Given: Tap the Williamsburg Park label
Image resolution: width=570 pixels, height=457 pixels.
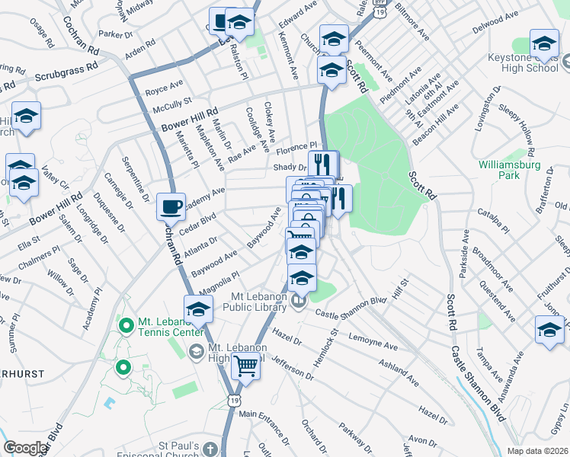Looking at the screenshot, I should tap(509, 169).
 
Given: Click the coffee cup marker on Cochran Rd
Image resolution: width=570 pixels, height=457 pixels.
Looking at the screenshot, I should tap(171, 206).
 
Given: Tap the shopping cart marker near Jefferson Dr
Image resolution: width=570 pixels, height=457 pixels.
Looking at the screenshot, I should tap(245, 366).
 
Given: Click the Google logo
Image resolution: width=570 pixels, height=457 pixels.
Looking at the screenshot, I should tap(25, 448).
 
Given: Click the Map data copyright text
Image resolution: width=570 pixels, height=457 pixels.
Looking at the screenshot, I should tap(537, 451).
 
